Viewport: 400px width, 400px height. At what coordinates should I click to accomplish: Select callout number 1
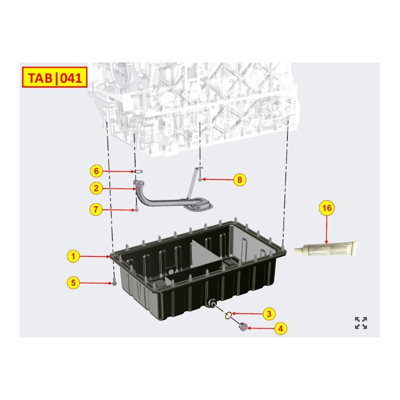point(73,256)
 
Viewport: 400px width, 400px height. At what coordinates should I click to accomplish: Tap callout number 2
point(96,188)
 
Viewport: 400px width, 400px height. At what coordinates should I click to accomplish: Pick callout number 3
point(268,314)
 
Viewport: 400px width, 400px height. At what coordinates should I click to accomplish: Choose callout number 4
point(280,328)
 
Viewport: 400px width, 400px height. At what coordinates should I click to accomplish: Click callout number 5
point(73,282)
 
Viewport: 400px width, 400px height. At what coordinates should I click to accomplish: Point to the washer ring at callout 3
point(228,315)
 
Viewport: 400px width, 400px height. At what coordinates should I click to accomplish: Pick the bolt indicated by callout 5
point(114,282)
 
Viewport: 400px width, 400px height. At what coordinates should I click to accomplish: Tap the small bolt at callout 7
point(135,209)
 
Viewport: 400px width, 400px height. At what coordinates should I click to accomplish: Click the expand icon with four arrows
point(361,323)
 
